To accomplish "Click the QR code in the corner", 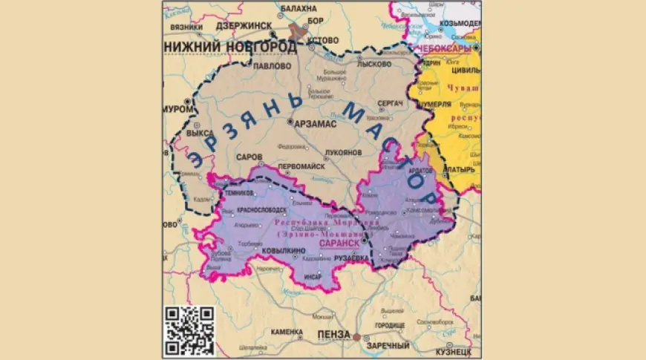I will tap(189, 331).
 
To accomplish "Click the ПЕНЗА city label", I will tap(333, 336).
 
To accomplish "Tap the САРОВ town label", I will tap(248, 158).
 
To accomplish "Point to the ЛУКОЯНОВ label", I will tap(342, 151).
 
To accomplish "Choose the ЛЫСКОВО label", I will tap(373, 65).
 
